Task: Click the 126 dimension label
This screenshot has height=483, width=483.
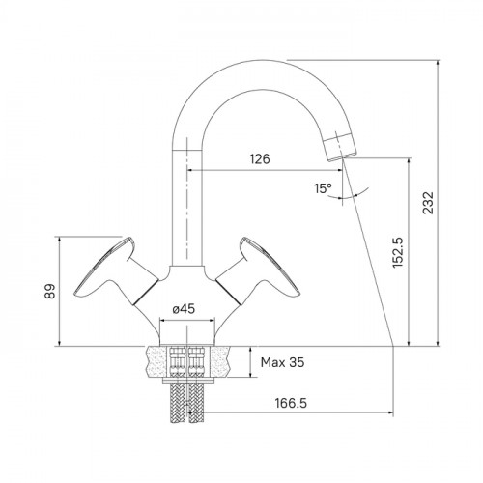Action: tap(260, 159)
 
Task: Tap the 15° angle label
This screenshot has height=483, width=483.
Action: tap(323, 188)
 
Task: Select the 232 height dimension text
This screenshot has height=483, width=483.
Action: tap(429, 203)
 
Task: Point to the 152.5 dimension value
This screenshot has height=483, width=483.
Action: tap(398, 252)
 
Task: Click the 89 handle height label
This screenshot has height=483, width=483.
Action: tap(50, 292)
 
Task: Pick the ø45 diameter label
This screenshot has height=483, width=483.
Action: tap(184, 309)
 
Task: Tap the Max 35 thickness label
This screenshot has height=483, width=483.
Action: tap(282, 362)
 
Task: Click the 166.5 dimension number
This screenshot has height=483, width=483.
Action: tap(291, 403)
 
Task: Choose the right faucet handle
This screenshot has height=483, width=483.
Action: tap(259, 270)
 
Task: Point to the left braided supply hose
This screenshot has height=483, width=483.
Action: tap(178, 403)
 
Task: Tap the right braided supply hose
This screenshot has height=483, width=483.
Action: tap(196, 403)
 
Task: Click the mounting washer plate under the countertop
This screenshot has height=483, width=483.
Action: tap(187, 381)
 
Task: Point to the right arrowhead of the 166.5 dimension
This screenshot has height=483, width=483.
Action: tap(390, 412)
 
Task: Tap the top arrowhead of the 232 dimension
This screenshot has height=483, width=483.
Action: tap(438, 63)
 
